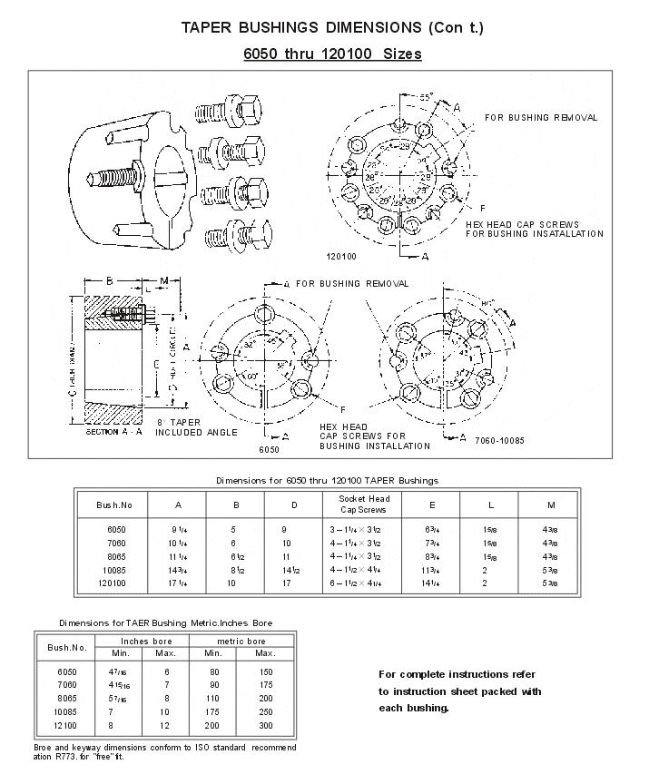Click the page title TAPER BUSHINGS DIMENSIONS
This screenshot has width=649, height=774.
pyautogui.click(x=332, y=27)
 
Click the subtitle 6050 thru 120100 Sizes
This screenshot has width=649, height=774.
pyautogui.click(x=332, y=54)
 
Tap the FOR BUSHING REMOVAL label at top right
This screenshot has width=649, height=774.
pyautogui.click(x=540, y=118)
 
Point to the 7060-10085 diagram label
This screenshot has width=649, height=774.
pyautogui.click(x=499, y=440)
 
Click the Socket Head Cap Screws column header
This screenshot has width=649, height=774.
pyautogui.click(x=363, y=504)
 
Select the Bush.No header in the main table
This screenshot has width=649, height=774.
pyautogui.click(x=114, y=505)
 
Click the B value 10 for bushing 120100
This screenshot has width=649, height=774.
pyautogui.click(x=231, y=583)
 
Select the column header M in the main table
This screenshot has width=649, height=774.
pyautogui.click(x=550, y=505)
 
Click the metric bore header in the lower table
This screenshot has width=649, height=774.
pyautogui.click(x=239, y=641)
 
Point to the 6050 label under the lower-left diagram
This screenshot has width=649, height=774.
pyautogui.click(x=269, y=449)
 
